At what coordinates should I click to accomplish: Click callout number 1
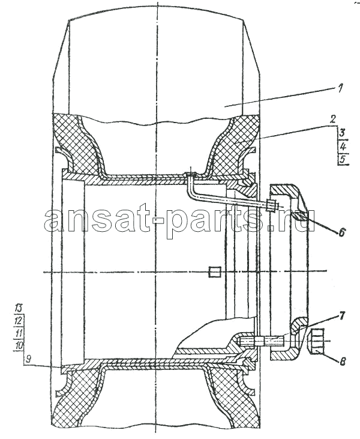[340, 89]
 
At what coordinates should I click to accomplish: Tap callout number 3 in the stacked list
[343, 133]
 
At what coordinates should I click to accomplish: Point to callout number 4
[343, 146]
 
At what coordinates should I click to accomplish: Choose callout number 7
[341, 316]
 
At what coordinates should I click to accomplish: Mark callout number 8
[342, 361]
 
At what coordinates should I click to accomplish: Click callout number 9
[28, 359]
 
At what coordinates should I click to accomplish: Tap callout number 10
[19, 345]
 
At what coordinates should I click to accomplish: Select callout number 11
[19, 333]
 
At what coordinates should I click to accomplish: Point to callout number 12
[19, 320]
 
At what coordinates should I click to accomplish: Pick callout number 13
[19, 309]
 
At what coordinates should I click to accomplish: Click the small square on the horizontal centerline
[215, 272]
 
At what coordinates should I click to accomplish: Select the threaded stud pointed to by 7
[262, 341]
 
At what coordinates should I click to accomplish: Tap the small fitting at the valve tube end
[272, 206]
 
